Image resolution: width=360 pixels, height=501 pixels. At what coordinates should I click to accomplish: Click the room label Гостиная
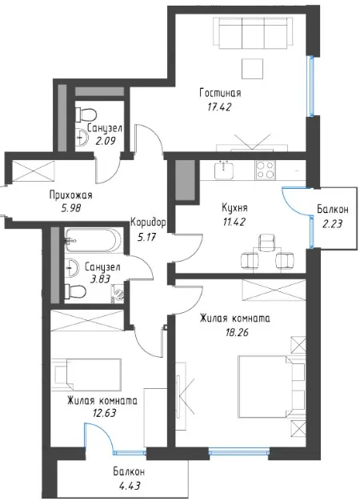[x=220, y=94]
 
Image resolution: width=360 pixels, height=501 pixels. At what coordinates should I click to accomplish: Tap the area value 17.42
[x=219, y=107]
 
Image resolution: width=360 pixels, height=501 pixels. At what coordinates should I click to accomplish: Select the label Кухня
[x=234, y=208]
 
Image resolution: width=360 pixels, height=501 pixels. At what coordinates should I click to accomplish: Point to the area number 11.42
[x=234, y=222]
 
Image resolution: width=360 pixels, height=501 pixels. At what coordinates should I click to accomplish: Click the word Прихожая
[x=71, y=195]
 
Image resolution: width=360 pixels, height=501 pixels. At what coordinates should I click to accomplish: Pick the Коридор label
[x=148, y=222]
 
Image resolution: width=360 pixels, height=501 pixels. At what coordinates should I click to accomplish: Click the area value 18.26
[x=236, y=333]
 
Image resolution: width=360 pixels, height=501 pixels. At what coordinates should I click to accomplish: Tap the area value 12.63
[x=103, y=414]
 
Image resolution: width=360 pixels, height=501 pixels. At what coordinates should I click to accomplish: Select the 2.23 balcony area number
[x=332, y=223]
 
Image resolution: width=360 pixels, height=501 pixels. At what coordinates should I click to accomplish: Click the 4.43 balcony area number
[x=129, y=487]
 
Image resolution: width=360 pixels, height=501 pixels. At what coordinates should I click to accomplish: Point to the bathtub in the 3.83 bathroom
[x=93, y=240]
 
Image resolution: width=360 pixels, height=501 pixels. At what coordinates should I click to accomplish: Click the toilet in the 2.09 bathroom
[x=86, y=114]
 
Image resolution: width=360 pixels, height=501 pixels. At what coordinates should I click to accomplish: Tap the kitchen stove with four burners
[x=265, y=170]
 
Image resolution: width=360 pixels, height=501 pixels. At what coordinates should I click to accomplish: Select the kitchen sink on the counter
[x=224, y=170]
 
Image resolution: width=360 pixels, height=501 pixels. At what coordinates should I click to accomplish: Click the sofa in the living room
[x=253, y=32]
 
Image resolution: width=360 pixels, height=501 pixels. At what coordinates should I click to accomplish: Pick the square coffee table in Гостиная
[x=252, y=69]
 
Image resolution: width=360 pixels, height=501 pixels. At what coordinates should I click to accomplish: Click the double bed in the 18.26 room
[x=271, y=387]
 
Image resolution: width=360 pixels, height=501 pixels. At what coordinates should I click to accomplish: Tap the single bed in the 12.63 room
[x=86, y=373]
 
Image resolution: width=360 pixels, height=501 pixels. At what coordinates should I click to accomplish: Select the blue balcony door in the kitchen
[x=296, y=202]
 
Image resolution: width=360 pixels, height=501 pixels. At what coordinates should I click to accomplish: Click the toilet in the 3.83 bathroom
[x=74, y=291]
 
